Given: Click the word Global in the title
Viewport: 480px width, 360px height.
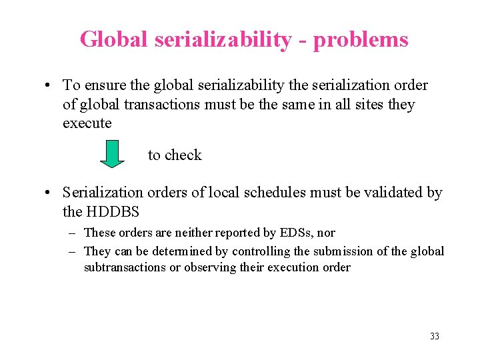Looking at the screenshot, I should pos(115,39).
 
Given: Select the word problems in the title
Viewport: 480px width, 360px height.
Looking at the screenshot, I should pos(361,39).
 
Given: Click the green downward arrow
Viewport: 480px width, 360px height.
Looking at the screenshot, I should pos(113,154).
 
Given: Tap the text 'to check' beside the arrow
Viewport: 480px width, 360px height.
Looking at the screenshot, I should pos(175,155).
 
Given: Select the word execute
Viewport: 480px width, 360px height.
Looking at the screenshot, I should pos(87,124).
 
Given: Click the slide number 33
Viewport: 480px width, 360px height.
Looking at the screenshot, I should pos(435,336).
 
